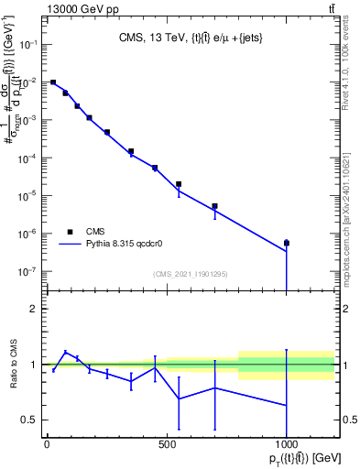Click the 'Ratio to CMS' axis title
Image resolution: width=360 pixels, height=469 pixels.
[x=12, y=364]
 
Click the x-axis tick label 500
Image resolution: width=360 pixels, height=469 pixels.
[x=167, y=444]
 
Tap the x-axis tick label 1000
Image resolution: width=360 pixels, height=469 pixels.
[x=287, y=444]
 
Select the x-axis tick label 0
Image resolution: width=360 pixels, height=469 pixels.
[x=47, y=444]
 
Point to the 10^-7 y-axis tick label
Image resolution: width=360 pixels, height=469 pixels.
[x=28, y=271]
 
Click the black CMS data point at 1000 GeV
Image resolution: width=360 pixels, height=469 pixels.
[x=287, y=243]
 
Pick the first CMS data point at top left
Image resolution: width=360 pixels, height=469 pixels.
[x=53, y=82]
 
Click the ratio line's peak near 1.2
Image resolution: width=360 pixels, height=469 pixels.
[x=65, y=351]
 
